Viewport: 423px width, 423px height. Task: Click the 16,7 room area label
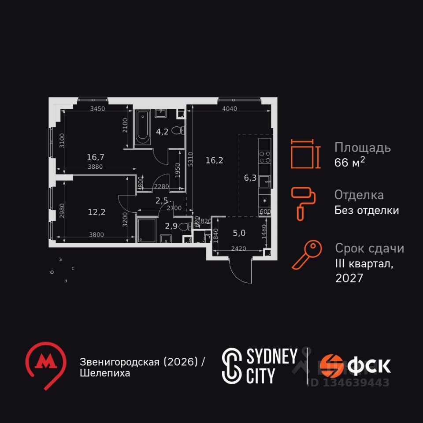(96, 156)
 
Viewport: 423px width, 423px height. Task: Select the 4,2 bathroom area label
(162, 131)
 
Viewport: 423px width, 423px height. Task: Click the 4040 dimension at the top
(230, 109)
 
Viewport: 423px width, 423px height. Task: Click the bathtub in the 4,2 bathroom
(143, 128)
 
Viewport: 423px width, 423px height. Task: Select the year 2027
(349, 278)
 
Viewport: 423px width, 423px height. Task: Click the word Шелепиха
(105, 373)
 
